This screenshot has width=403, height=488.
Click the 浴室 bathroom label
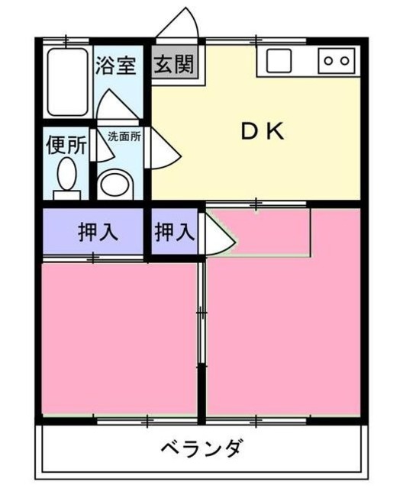[x=116, y=66]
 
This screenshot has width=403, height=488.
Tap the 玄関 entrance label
[x=173, y=65]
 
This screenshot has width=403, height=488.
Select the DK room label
[x=263, y=132]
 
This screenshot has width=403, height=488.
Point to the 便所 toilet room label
[x=66, y=145]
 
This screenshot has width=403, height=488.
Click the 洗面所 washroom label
[x=123, y=137]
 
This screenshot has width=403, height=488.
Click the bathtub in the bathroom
[x=67, y=82]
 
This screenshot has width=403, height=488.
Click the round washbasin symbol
[x=116, y=183]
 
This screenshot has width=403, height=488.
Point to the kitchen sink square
[x=276, y=59]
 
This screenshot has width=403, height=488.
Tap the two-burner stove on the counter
[x=337, y=59]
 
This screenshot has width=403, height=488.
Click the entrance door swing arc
[x=180, y=24]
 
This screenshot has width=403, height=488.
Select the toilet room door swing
[x=100, y=146]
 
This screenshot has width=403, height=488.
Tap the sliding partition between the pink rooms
[x=201, y=335]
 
